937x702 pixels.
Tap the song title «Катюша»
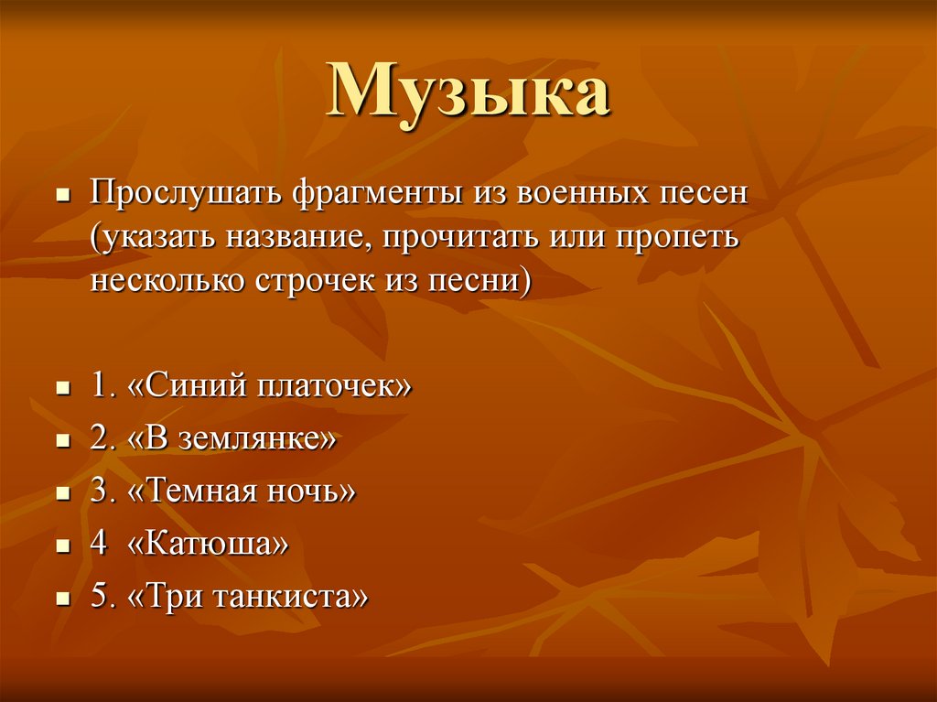210,545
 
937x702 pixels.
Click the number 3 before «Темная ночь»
98,491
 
